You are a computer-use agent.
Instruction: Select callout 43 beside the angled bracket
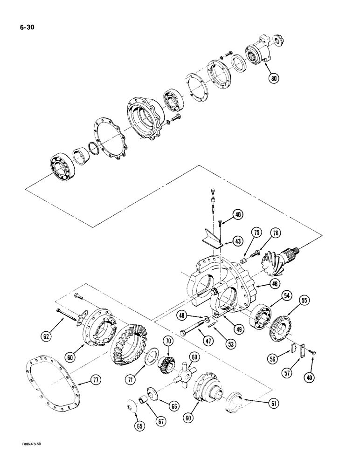click(225, 241)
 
